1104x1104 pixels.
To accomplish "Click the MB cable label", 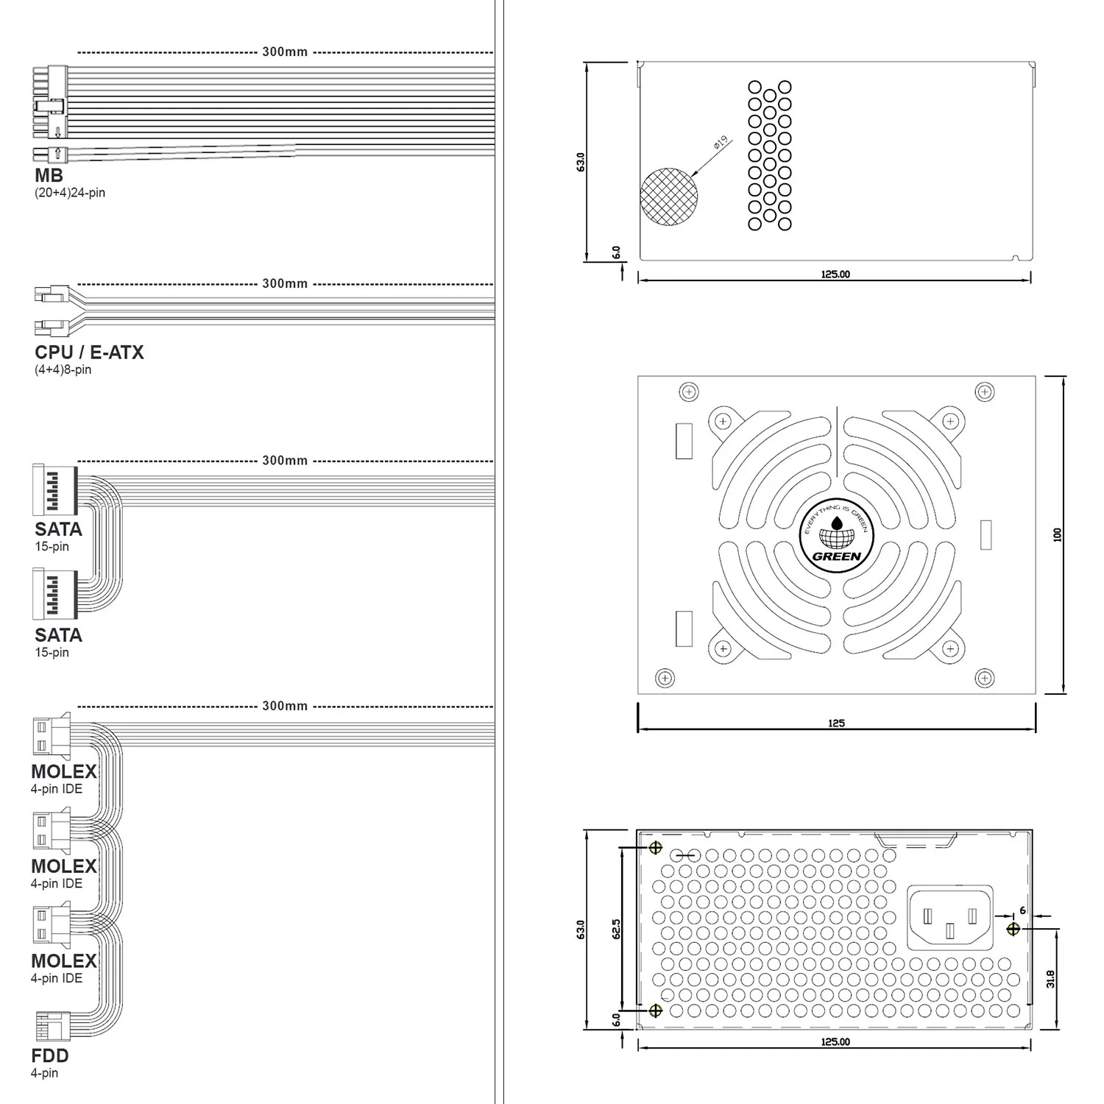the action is tap(49, 175).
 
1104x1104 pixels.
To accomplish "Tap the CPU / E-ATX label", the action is tap(89, 353).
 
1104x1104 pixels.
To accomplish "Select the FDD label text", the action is tap(50, 1055).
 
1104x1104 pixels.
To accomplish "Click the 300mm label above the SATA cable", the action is tap(285, 461).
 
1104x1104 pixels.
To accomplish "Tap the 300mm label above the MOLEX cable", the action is tap(285, 706).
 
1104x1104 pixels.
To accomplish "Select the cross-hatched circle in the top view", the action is tap(669, 197).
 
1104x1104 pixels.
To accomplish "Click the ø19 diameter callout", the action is tap(720, 142).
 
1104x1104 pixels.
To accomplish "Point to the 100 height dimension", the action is tap(1058, 535).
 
